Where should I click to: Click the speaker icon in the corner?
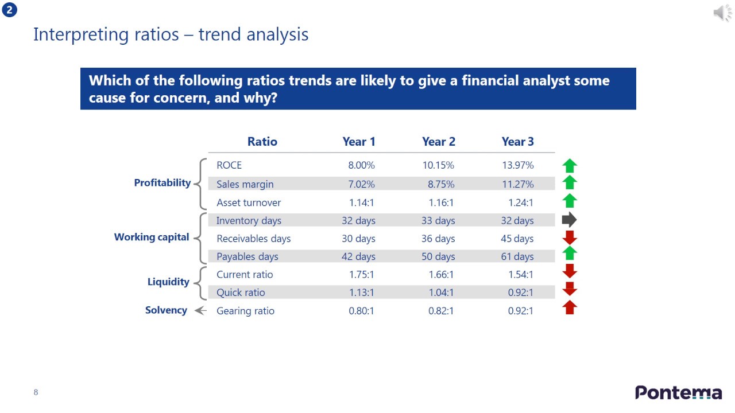pos(722,13)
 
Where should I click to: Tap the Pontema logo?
pos(678,393)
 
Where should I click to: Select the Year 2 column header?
pos(439,142)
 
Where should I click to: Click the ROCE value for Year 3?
pos(517,165)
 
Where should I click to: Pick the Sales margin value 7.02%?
pos(362,184)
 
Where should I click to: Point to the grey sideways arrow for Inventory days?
pos(569,220)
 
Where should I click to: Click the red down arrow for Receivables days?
pos(570,237)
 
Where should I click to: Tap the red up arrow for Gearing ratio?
pos(570,308)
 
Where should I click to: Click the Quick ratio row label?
pos(241,293)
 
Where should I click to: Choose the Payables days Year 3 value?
pos(517,256)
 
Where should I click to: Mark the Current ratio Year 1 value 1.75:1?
pos(362,274)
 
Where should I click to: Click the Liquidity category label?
pos(168,282)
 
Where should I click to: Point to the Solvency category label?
pos(166,310)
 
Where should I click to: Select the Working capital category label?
pos(152,237)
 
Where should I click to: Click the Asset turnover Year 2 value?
pos(441,202)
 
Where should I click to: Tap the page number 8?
pos(36,392)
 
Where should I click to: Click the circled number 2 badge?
pos(10,10)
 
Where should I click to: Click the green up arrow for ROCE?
pos(570,166)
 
